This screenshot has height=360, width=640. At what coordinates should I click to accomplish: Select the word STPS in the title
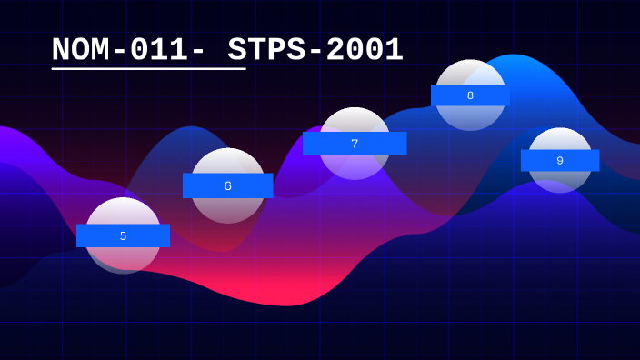point(269,50)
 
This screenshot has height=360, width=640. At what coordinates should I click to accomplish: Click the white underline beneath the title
point(148,68)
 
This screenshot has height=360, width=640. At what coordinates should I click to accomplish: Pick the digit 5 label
point(123,236)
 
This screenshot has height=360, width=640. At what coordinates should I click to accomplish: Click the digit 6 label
point(227,186)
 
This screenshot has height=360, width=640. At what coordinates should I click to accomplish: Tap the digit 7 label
point(355,144)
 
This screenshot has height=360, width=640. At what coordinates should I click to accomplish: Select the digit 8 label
point(470,95)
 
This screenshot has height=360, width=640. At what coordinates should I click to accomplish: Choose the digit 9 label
point(560,161)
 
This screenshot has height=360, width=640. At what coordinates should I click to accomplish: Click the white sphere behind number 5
point(123,211)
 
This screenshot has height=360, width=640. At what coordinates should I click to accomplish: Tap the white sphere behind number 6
point(228,161)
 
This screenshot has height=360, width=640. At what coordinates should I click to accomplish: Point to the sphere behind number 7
point(355,121)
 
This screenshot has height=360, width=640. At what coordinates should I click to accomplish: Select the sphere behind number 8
point(470,73)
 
